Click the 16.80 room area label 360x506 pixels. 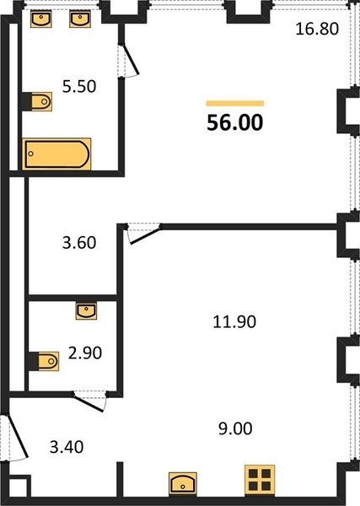[x=317, y=29]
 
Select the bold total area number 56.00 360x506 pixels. [x=235, y=122]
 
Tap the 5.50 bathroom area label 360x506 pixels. [x=79, y=87]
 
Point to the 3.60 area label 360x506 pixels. [x=79, y=243]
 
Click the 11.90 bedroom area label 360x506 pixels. [x=234, y=322]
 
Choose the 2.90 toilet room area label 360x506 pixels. [x=85, y=353]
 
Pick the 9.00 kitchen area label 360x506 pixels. [x=235, y=428]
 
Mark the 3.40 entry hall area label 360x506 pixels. [x=67, y=447]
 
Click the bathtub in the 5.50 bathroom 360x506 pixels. [x=56, y=154]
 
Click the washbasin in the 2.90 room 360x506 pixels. [x=86, y=311]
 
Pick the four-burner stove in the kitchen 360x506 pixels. [x=260, y=480]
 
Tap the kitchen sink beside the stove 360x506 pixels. [x=183, y=482]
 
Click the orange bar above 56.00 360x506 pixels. [x=235, y=103]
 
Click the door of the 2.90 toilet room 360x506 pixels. [x=89, y=401]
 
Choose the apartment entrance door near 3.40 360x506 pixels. [x=15, y=437]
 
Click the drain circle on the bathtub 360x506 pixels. [x=30, y=153]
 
